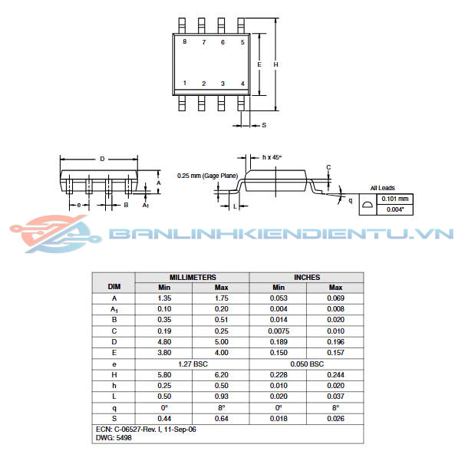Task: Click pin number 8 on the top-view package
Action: click(185, 42)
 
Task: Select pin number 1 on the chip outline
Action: click(185, 83)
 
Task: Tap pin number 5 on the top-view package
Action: click(242, 42)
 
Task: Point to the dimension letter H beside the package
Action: click(275, 64)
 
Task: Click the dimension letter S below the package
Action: click(263, 124)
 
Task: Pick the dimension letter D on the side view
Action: click(102, 160)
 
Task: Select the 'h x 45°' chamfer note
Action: click(272, 157)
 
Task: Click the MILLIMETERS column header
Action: click(193, 277)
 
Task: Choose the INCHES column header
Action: click(307, 277)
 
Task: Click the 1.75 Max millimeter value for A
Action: click(221, 298)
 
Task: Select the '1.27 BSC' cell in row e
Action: click(193, 364)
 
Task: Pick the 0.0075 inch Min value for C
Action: click(279, 331)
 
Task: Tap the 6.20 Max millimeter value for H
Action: click(221, 374)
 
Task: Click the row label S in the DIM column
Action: click(114, 418)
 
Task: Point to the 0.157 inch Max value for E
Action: click(335, 353)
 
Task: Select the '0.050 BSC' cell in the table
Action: click(307, 364)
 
